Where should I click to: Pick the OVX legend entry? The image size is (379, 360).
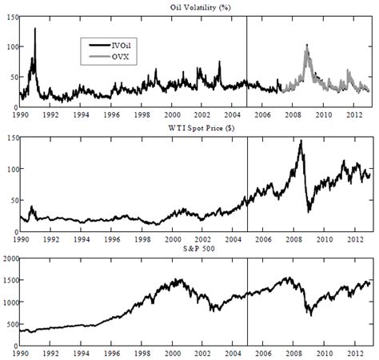(x=118, y=56)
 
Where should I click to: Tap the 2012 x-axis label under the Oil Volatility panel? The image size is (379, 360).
(x=353, y=115)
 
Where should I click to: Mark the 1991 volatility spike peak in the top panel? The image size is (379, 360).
(x=35, y=29)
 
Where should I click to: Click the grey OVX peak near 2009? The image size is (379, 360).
(x=307, y=46)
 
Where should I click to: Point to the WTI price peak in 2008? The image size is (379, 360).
(x=301, y=141)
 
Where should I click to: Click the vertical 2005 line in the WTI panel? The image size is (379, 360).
(x=246, y=184)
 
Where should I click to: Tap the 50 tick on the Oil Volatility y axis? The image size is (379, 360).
(x=12, y=77)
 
